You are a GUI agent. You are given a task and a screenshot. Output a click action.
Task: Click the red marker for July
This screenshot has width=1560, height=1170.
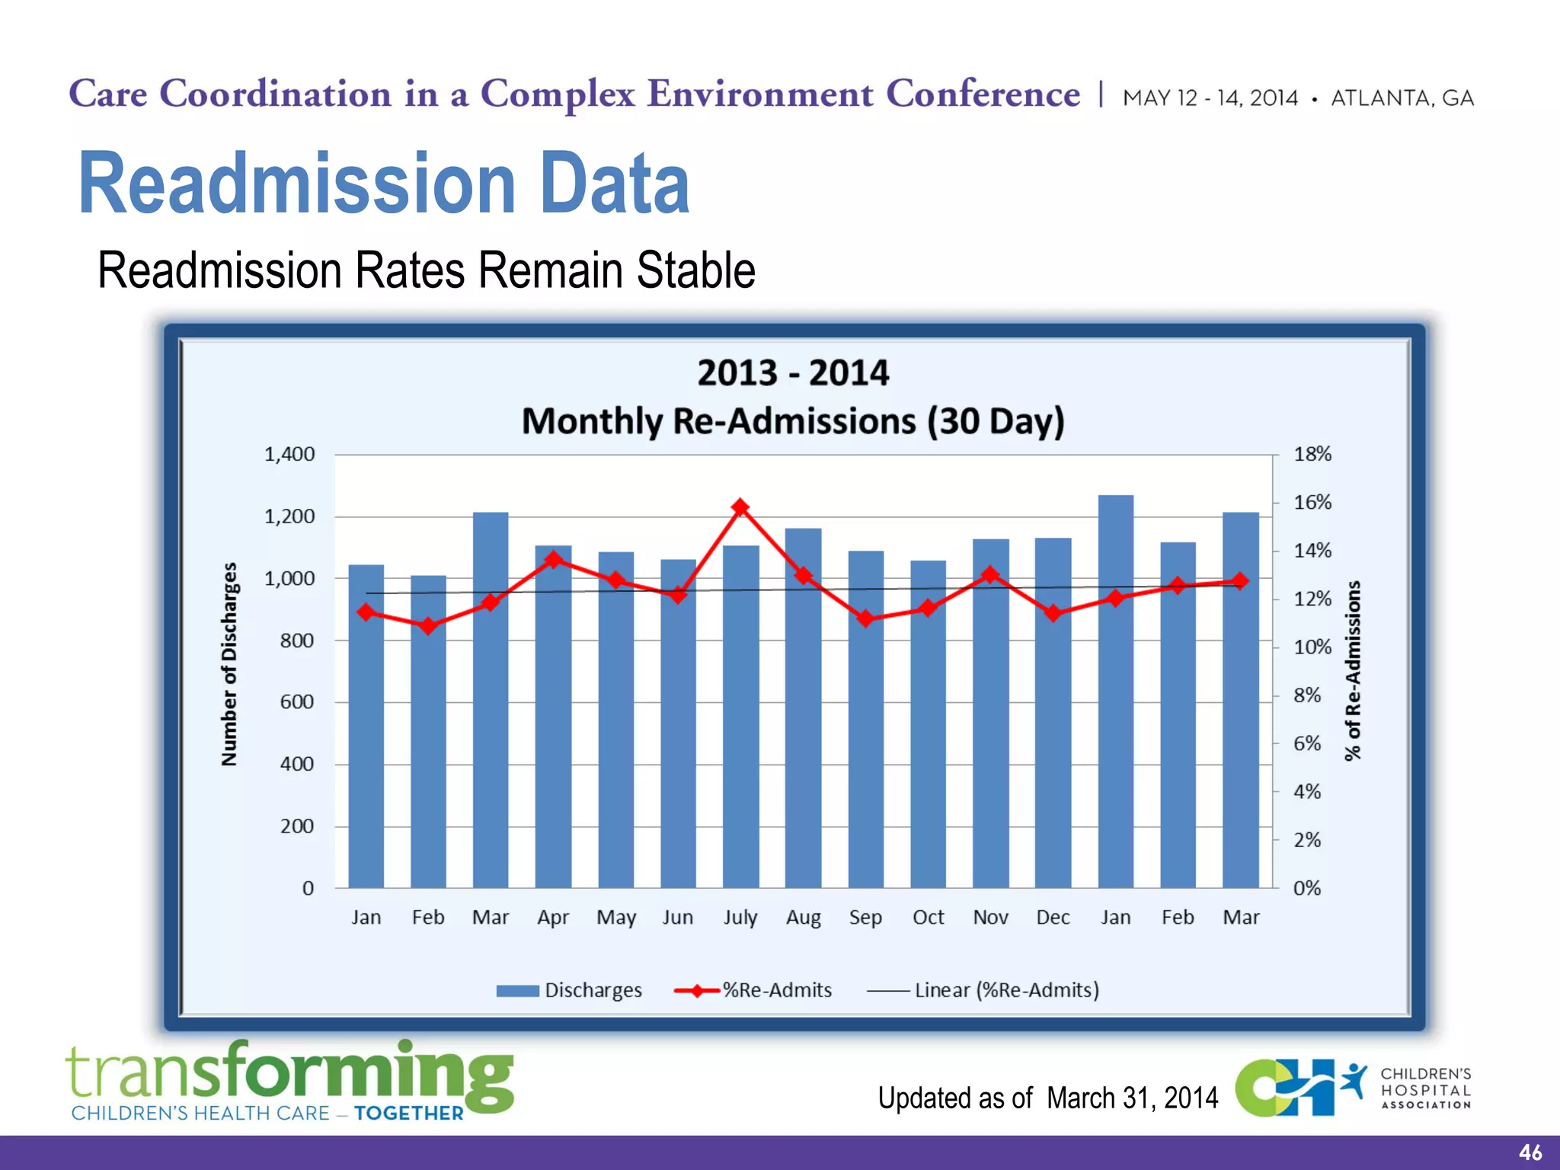click(x=740, y=507)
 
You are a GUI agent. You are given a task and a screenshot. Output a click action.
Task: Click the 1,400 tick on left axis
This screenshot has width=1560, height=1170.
click(x=289, y=455)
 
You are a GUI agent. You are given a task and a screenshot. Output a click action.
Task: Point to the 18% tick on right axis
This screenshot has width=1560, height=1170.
click(x=1312, y=455)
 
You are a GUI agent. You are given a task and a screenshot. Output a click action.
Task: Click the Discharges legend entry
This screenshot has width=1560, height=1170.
click(x=569, y=990)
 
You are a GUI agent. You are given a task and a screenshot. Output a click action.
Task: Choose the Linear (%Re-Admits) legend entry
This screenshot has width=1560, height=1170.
click(x=983, y=990)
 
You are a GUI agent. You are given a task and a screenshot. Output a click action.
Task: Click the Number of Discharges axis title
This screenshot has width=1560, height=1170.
click(x=229, y=664)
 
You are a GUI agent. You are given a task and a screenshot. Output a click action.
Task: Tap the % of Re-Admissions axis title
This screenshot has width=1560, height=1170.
click(x=1352, y=670)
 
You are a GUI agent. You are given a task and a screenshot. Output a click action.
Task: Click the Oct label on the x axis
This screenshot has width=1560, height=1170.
click(x=928, y=917)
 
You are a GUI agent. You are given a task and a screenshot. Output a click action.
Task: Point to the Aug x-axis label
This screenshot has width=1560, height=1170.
click(x=803, y=918)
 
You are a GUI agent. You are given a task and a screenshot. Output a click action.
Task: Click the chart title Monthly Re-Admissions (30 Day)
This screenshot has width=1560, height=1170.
click(x=792, y=421)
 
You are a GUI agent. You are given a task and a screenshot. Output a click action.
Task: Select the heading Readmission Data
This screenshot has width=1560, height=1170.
click(x=384, y=184)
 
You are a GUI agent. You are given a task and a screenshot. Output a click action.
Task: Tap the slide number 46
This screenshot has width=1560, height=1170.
click(x=1530, y=1152)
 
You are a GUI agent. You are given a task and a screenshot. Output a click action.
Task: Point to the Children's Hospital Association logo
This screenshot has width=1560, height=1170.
click(x=1353, y=1088)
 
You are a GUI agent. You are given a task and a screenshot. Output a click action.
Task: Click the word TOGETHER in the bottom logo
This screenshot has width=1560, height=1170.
click(x=409, y=1114)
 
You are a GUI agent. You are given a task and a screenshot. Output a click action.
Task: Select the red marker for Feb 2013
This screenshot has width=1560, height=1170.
click(x=428, y=626)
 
